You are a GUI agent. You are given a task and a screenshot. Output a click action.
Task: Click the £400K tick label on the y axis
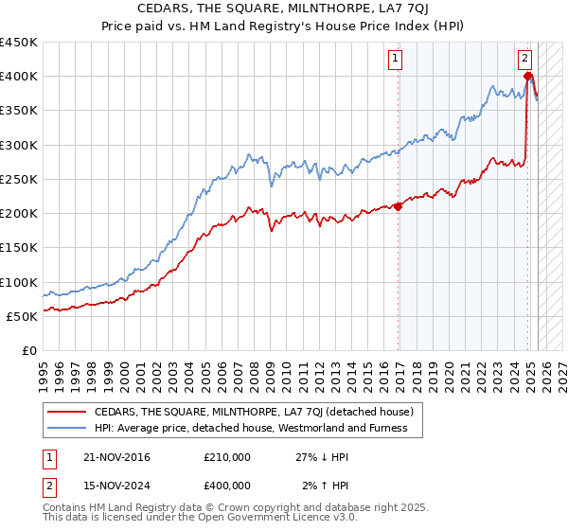coord(19,77)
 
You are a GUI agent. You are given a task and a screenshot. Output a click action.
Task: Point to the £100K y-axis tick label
coord(19,283)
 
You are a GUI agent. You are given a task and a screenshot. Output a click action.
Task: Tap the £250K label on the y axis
coord(19,180)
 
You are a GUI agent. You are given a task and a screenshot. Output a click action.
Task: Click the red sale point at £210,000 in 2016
coord(398,205)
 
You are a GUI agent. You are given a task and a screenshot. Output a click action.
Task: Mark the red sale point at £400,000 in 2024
coord(527,76)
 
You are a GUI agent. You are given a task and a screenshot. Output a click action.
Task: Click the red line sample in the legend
coord(66,412)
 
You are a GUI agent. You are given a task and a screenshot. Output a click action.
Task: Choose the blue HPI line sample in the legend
coord(66,428)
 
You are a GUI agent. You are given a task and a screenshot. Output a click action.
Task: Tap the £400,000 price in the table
coord(226,486)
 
